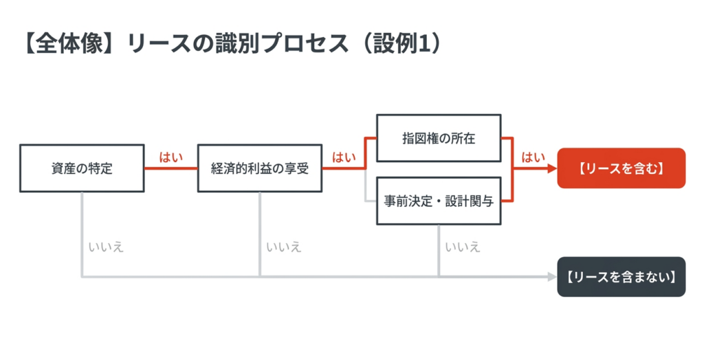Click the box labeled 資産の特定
point(82,168)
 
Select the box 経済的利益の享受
point(259,168)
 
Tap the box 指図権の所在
point(439,138)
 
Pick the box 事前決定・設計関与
point(439,201)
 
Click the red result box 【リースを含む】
point(621,168)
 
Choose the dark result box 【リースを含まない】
point(621,277)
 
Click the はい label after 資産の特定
point(171,157)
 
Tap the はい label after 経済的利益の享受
point(344,157)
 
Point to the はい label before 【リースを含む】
point(533,157)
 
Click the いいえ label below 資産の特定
point(106,247)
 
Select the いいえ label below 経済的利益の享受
point(284,247)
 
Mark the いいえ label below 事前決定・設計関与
point(463,247)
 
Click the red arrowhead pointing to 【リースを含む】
point(553,168)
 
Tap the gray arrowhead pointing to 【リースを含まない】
point(553,277)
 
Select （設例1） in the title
point(403,43)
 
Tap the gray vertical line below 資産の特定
point(82,235)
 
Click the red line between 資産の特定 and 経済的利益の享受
point(171,168)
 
